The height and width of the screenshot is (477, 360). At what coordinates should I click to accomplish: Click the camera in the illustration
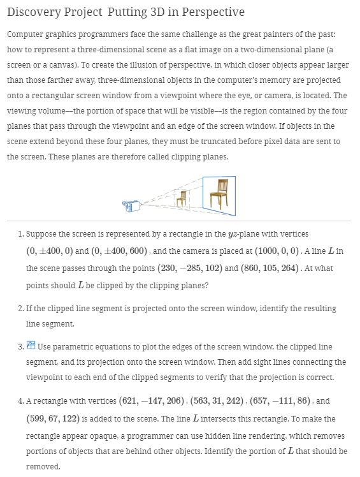click(x=132, y=205)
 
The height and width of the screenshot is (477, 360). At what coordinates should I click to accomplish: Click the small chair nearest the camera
click(x=182, y=198)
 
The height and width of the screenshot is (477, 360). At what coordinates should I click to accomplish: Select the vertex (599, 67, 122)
click(x=55, y=418)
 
